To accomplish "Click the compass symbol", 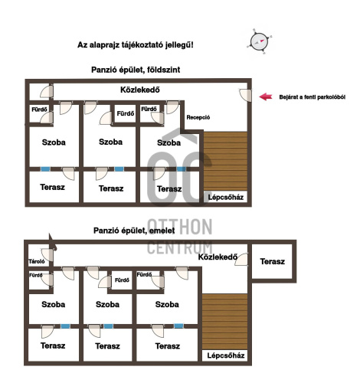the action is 259,41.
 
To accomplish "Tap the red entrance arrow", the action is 266,97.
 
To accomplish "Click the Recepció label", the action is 198,117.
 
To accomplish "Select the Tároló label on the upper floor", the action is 37,261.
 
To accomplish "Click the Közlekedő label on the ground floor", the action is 140,90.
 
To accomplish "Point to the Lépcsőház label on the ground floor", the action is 226,198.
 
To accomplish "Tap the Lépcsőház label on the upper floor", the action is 226,355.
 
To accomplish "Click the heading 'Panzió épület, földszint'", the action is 136,70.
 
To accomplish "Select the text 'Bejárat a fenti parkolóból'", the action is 313,97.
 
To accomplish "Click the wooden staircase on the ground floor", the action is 225,162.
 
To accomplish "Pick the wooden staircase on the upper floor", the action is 224,322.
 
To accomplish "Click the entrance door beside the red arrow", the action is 245,95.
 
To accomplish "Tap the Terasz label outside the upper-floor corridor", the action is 273,261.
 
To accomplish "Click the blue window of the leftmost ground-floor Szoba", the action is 45,169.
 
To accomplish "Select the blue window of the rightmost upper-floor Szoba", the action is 178,326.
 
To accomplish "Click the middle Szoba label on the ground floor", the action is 110,142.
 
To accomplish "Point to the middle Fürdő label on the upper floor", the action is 122,280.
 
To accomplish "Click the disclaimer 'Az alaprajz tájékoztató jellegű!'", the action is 136,45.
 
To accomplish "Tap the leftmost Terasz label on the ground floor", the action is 52,187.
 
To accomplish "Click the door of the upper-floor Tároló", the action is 47,255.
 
